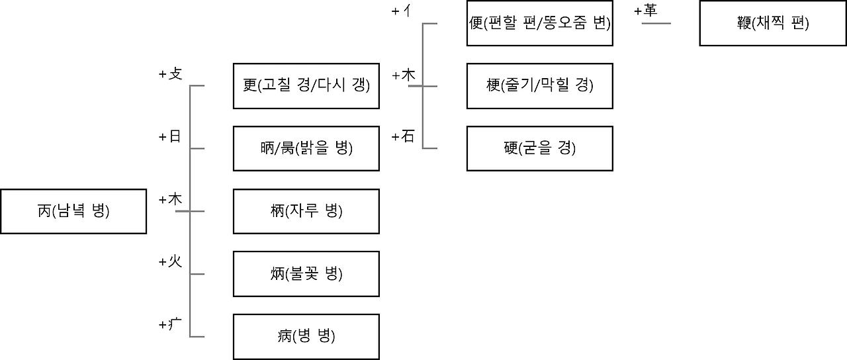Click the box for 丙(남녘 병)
tap(73, 211)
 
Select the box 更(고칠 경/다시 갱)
tap(306, 85)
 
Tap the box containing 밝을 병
tap(306, 148)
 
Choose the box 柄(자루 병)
tap(306, 211)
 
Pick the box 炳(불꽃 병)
tap(306, 273)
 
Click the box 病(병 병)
tap(306, 336)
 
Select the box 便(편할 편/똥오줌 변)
tap(539, 23)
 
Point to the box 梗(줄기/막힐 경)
tap(539, 85)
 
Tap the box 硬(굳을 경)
tap(539, 148)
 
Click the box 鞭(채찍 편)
tap(772, 23)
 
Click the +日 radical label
tap(170, 137)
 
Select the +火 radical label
tap(170, 262)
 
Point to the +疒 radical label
tap(170, 325)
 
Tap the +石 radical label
tap(404, 137)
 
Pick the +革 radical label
tap(646, 11)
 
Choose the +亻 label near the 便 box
tap(404, 11)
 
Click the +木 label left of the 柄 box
tap(170, 199)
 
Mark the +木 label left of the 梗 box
tap(404, 75)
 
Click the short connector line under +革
tap(656, 23)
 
